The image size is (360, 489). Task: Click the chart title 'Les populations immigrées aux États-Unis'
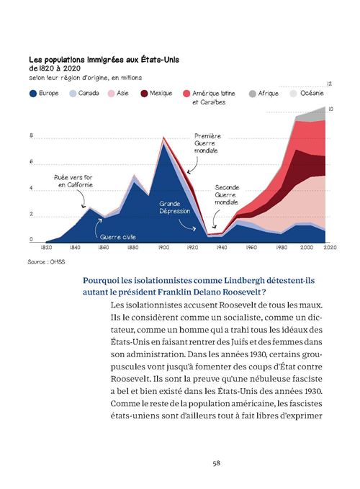104,60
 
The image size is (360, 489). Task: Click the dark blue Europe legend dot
33,94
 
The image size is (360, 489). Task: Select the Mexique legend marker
144,94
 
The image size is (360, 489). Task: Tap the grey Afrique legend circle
253,94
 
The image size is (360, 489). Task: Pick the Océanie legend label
312,93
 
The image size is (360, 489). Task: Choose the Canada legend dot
73,94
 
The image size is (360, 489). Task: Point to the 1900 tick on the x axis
163,247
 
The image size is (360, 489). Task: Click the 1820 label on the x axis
46,247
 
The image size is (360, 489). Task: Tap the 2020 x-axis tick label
330,247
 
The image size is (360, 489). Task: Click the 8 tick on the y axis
31,135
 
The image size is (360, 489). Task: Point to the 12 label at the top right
330,84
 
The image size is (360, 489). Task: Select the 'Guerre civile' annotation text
118,237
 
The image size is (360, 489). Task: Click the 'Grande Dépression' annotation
174,207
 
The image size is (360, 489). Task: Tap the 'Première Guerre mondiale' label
207,143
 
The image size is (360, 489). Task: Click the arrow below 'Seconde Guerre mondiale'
215,219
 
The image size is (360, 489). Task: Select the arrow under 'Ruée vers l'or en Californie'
82,198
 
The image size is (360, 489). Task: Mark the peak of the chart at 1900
163,138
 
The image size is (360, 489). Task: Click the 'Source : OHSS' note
46,262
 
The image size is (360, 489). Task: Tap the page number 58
216,463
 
